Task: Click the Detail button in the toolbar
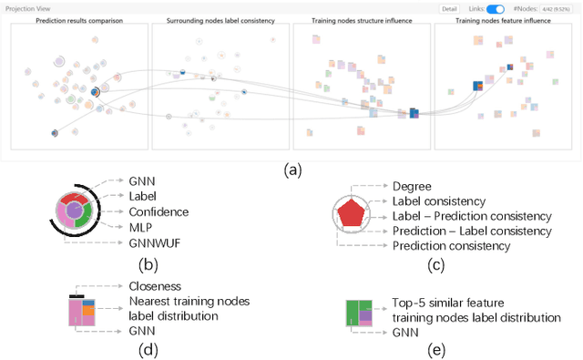click(x=449, y=8)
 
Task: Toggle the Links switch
click(x=496, y=8)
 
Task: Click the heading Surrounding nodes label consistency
click(x=220, y=19)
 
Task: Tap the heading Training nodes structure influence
click(x=362, y=19)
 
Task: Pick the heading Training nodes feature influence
click(x=503, y=19)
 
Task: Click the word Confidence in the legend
click(x=159, y=211)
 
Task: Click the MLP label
click(x=140, y=227)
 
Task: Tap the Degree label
click(x=413, y=186)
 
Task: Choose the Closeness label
click(x=156, y=284)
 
